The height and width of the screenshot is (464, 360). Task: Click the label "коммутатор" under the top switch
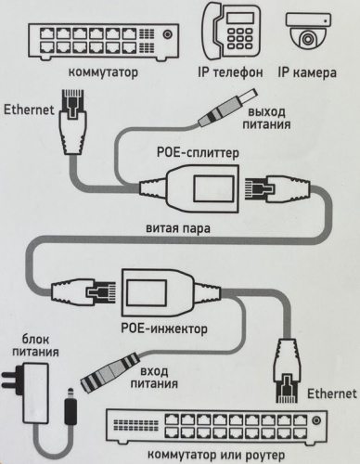tap(103, 72)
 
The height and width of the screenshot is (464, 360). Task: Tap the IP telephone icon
tap(231, 31)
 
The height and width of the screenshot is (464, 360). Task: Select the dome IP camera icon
tap(308, 32)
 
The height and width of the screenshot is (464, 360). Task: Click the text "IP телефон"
tap(230, 72)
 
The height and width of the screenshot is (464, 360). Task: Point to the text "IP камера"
tap(307, 72)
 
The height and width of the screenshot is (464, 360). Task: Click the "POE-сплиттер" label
tap(198, 152)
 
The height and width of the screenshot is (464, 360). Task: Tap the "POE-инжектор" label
tap(164, 329)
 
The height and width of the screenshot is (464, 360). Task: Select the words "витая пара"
tap(178, 228)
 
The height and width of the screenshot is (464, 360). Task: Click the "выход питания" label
tap(266, 118)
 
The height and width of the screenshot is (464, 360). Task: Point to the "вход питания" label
tap(154, 377)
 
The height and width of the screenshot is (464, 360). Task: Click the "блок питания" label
tap(35, 345)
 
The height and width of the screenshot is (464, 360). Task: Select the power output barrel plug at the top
tap(228, 108)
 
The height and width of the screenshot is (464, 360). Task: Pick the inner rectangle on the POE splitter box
tap(213, 188)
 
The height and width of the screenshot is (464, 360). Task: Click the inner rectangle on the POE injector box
tap(148, 292)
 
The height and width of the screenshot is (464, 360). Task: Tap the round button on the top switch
tap(168, 33)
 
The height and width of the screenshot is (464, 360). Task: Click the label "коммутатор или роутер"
tap(216, 455)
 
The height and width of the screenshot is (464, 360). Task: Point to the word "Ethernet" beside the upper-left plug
tap(29, 110)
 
